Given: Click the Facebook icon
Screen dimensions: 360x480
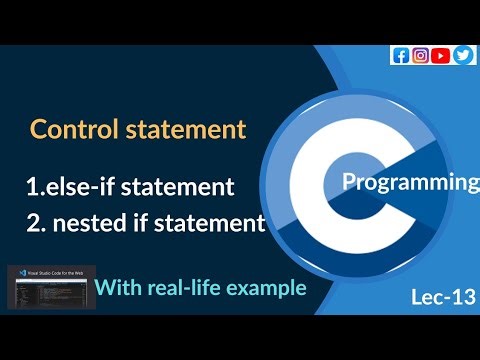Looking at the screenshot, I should pyautogui.click(x=400, y=55).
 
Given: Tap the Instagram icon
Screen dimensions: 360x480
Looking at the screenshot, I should pyautogui.click(x=420, y=55).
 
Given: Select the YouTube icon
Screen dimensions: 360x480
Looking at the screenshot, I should pyautogui.click(x=441, y=55).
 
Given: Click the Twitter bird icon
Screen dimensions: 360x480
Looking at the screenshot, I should pyautogui.click(x=462, y=55).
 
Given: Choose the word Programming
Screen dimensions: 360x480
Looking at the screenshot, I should pyautogui.click(x=410, y=183).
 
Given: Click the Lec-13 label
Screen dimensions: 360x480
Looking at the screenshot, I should pyautogui.click(x=443, y=297).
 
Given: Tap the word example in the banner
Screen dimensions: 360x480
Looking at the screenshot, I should pyautogui.click(x=265, y=289).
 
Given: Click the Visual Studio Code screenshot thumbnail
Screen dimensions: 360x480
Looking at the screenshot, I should pyautogui.click(x=48, y=285).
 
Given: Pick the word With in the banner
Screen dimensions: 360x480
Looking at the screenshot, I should pyautogui.click(x=118, y=289).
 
